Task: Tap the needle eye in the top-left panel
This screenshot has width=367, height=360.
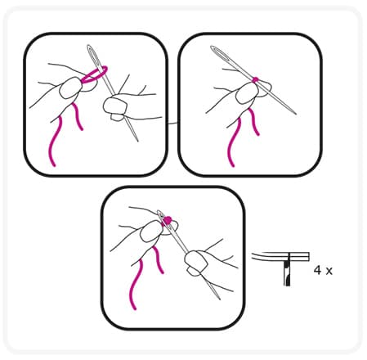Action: click(x=92, y=54)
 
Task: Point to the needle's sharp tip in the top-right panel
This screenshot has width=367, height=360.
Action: click(x=296, y=114)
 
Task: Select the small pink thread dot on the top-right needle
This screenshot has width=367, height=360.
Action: click(x=255, y=79)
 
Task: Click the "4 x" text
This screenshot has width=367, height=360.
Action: click(x=323, y=271)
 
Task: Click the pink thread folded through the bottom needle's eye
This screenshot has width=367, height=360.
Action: click(x=167, y=220)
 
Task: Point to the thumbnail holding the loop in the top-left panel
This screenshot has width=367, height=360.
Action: click(x=70, y=88)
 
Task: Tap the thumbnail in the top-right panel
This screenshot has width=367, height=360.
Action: click(x=247, y=92)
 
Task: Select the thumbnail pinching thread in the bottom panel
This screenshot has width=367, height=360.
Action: click(x=151, y=231)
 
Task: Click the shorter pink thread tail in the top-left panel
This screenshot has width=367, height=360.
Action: click(x=78, y=116)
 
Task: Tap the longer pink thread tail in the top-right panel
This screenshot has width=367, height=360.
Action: click(x=234, y=142)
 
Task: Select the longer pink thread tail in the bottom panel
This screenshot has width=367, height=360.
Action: click(x=137, y=284)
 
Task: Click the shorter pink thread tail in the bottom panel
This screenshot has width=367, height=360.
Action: click(x=159, y=259)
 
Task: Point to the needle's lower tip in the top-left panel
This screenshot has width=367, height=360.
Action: click(x=137, y=141)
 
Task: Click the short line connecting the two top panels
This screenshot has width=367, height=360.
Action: click(x=172, y=124)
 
